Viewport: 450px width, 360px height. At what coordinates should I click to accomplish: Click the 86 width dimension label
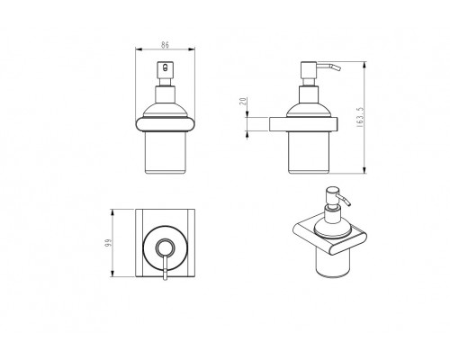165,45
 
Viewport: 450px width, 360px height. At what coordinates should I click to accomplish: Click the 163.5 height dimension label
360,118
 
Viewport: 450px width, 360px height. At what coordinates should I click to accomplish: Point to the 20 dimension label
243,101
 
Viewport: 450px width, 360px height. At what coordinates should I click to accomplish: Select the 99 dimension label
108,243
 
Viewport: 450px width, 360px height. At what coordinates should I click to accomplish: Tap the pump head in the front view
166,70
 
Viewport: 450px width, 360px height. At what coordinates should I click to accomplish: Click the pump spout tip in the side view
338,68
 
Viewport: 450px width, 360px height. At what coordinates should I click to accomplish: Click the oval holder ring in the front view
166,125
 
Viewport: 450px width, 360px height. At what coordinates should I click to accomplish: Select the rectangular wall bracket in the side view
303,124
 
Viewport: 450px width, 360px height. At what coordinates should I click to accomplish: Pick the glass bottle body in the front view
166,153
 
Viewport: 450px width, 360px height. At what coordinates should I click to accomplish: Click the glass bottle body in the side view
309,153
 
